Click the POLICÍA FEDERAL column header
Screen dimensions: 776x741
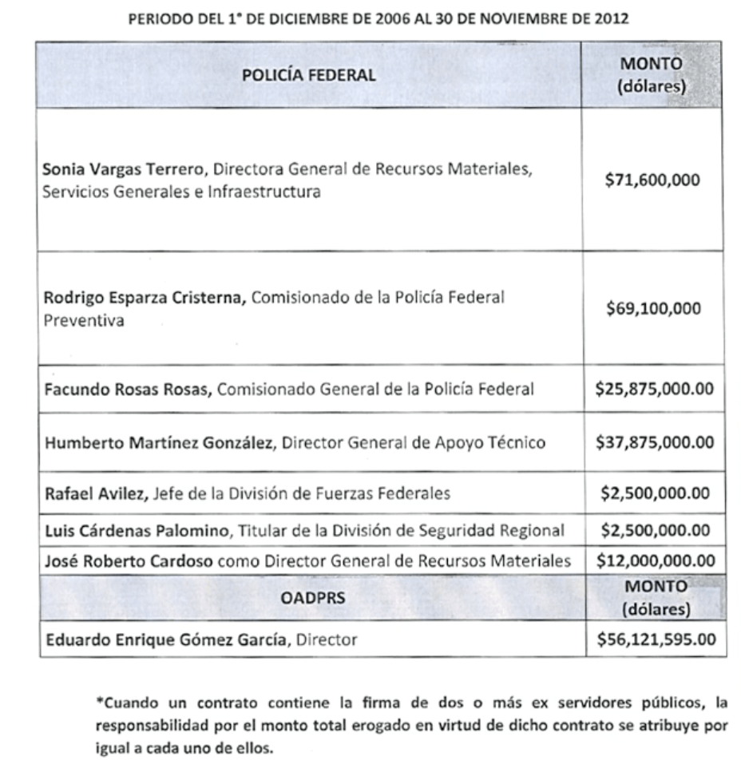(308, 75)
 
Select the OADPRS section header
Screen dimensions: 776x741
(312, 596)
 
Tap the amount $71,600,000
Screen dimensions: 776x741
(652, 180)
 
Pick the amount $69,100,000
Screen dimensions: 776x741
(652, 309)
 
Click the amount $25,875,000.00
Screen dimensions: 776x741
(655, 389)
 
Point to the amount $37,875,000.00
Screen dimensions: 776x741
(655, 441)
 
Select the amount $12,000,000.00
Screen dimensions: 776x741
(655, 560)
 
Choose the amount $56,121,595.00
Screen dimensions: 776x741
(655, 639)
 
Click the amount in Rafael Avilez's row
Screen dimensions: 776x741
(655, 493)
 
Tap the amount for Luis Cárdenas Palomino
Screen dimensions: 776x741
(655, 530)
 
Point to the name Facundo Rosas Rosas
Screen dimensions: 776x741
(128, 390)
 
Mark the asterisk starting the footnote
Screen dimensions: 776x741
(100, 703)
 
